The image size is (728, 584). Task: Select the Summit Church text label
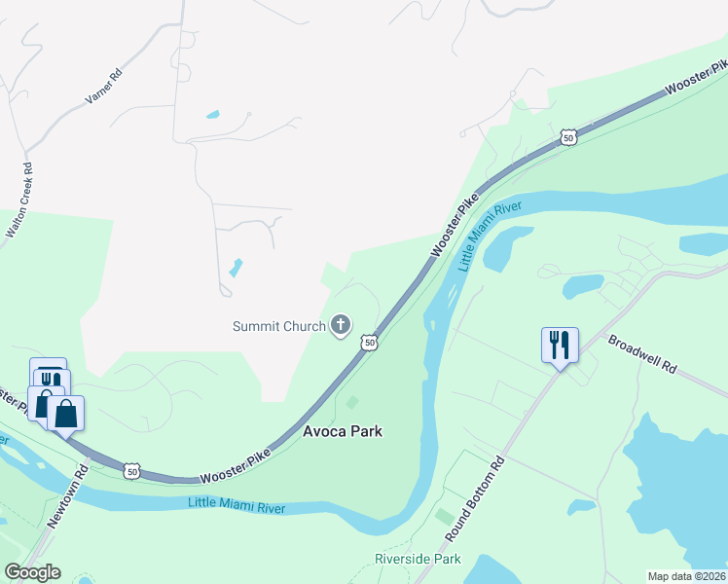click(x=278, y=326)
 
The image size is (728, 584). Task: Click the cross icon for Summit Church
click(x=341, y=325)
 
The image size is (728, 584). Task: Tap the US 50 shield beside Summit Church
click(x=369, y=342)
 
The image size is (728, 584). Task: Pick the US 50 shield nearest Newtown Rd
click(x=132, y=471)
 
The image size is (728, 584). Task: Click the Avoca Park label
click(x=342, y=430)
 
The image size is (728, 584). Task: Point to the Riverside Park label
click(x=418, y=560)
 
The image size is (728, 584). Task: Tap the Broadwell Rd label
click(x=641, y=355)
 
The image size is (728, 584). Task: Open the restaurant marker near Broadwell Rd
click(x=560, y=347)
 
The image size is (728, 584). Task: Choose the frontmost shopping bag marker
click(x=65, y=414)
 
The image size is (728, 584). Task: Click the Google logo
click(x=32, y=572)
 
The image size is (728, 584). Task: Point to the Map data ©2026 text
click(x=686, y=576)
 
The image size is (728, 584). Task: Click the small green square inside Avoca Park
click(x=352, y=402)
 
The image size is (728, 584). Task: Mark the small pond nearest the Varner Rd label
click(x=212, y=116)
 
